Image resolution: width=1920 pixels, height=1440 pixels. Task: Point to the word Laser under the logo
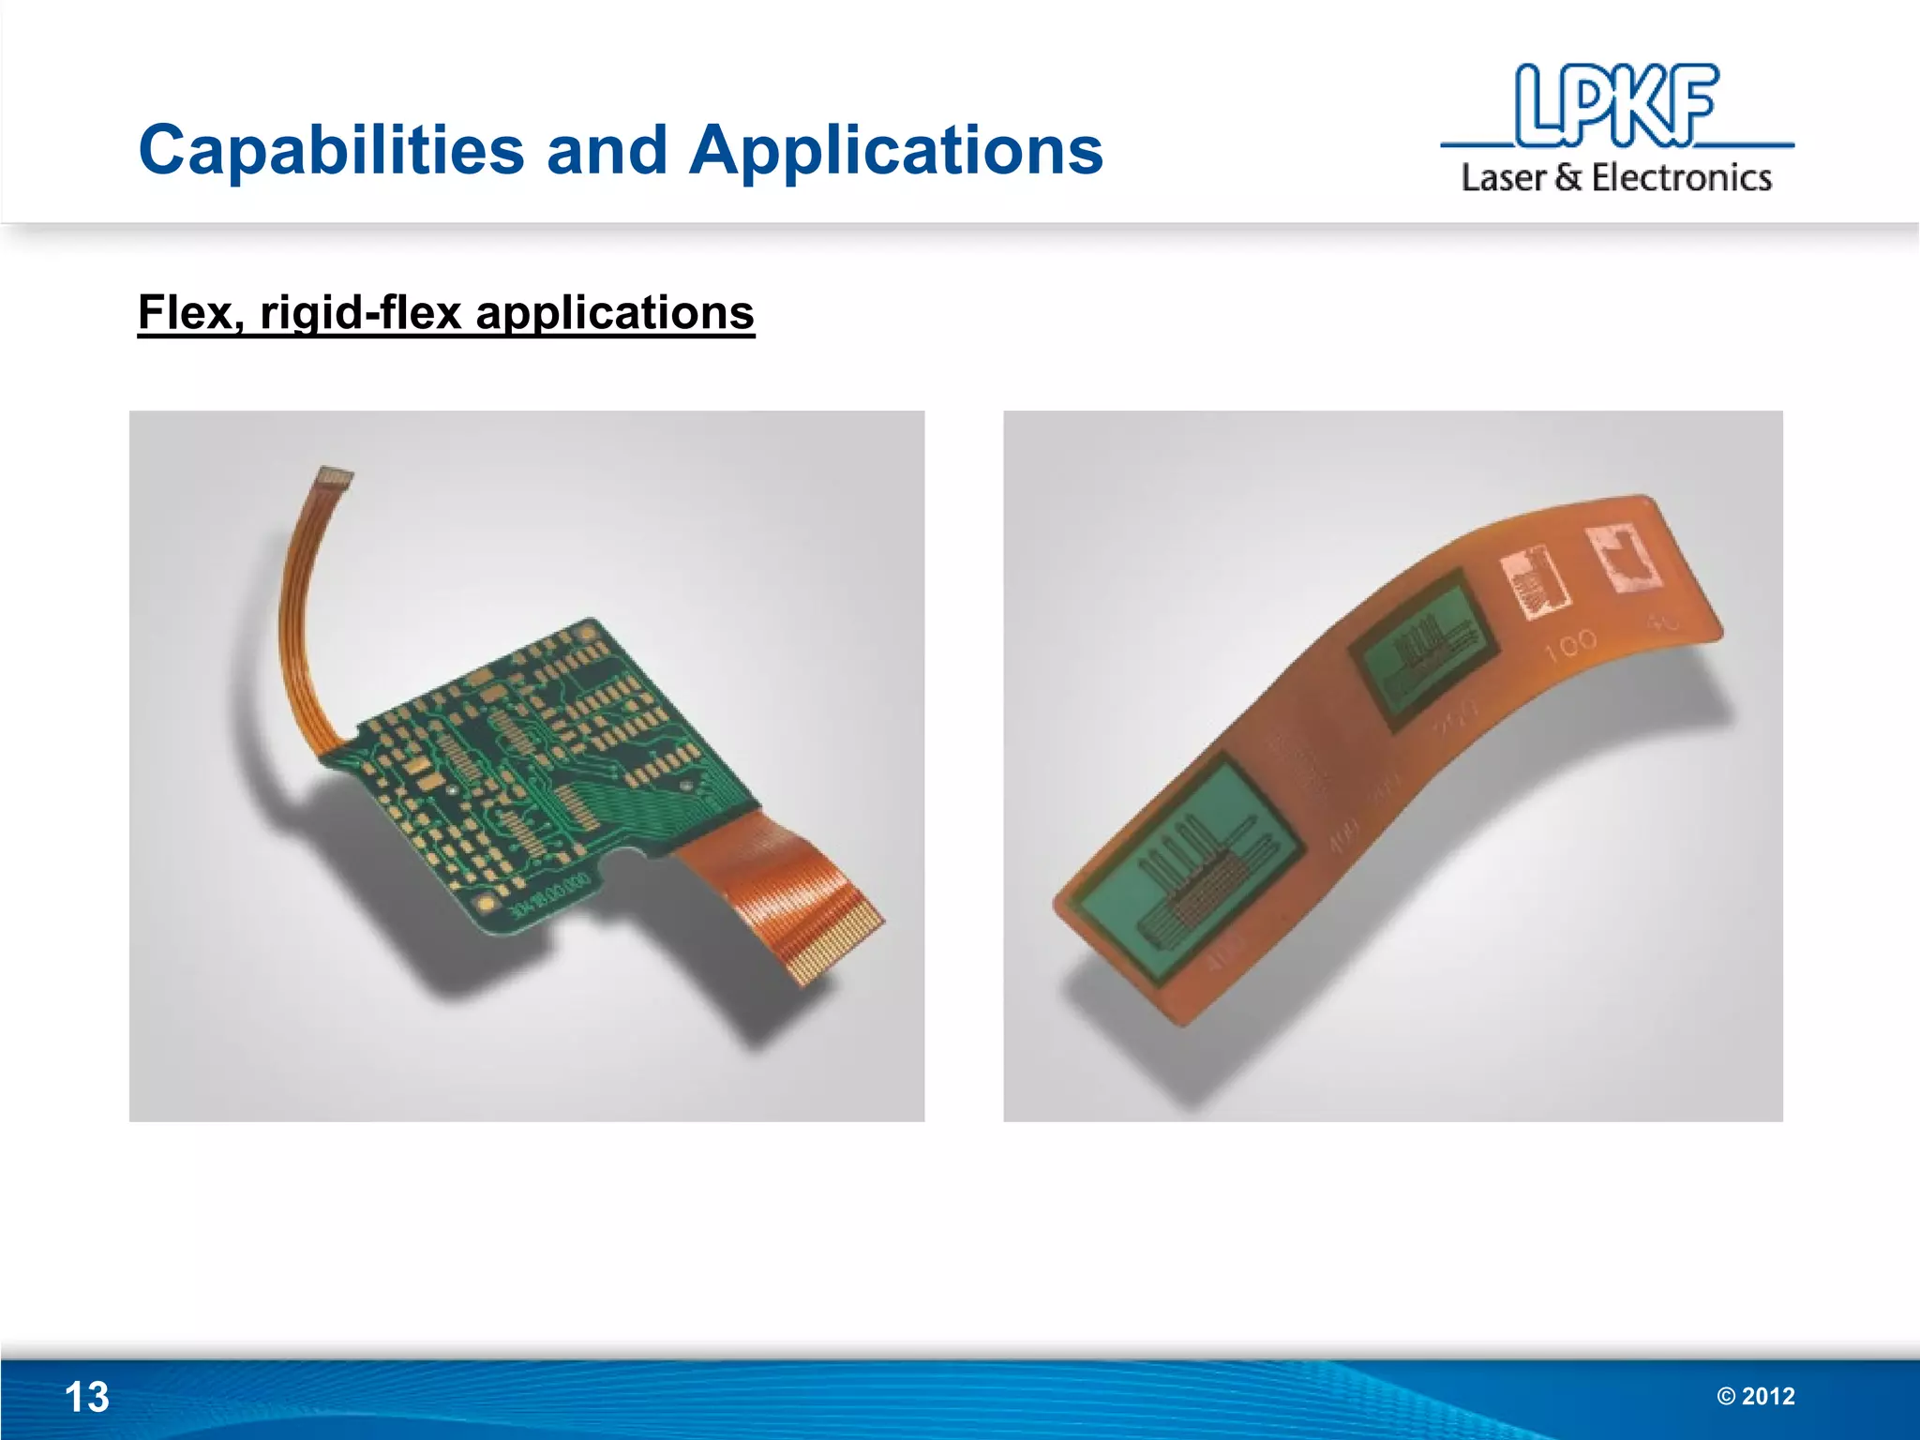point(1504,177)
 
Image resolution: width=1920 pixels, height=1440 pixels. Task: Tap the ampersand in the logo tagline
point(1568,177)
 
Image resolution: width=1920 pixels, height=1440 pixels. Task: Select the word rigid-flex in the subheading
point(362,314)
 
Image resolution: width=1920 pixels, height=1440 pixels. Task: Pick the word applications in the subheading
point(615,314)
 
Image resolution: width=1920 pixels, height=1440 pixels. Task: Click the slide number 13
point(86,1397)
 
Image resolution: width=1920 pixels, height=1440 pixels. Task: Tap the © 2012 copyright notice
point(1756,1396)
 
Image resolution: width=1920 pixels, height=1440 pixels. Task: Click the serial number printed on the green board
point(550,894)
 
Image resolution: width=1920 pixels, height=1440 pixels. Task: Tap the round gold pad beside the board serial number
point(487,904)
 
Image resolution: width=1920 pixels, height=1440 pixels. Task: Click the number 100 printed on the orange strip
point(1571,644)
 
